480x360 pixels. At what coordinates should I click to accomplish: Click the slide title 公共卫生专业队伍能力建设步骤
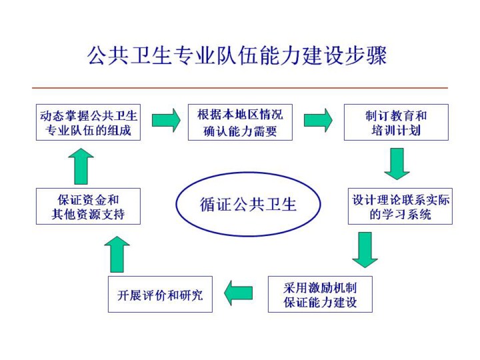tap(237, 55)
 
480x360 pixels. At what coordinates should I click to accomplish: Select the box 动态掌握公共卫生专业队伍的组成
tap(88, 123)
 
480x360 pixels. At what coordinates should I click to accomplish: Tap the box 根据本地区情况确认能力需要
tap(240, 123)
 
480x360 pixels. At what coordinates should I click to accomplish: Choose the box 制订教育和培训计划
tap(396, 123)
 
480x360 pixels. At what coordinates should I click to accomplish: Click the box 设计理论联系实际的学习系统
tap(400, 207)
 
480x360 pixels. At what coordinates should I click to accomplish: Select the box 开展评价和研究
tap(160, 295)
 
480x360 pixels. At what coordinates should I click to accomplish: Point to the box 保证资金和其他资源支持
tap(88, 207)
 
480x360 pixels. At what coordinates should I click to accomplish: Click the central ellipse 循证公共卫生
tap(248, 204)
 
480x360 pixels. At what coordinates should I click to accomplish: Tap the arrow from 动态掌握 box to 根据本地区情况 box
tap(166, 120)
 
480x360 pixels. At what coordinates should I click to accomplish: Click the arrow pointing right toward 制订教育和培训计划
tap(318, 120)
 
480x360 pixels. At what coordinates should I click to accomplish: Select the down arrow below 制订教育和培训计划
tap(397, 163)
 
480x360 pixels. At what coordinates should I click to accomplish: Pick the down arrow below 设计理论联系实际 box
tap(365, 249)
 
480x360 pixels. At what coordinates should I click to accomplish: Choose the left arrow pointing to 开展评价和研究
tap(239, 292)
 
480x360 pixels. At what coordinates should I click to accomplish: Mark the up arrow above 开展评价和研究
tap(117, 254)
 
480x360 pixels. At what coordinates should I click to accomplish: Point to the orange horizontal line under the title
tap(240, 88)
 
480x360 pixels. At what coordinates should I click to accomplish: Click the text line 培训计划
tap(396, 131)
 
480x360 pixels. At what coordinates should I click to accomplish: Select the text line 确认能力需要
tap(240, 131)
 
